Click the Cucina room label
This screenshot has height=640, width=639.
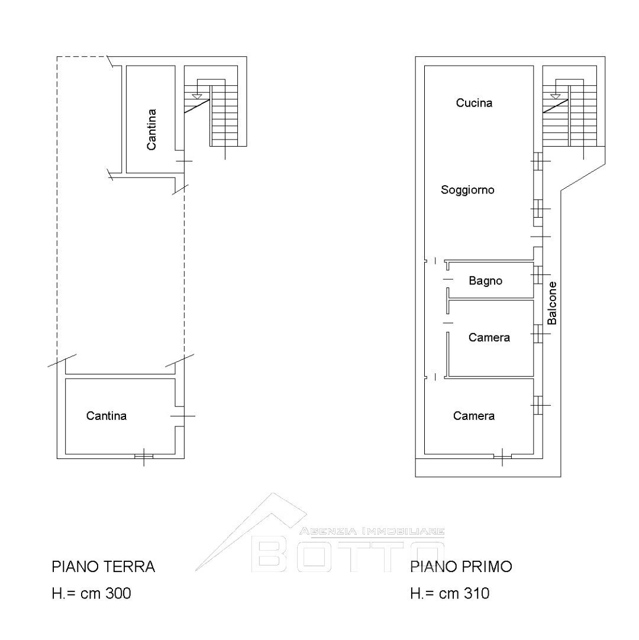[474, 103]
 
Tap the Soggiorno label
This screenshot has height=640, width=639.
[467, 190]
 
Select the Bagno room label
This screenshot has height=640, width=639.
[485, 281]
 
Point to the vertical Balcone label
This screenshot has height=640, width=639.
[552, 302]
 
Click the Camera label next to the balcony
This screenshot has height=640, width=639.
[489, 338]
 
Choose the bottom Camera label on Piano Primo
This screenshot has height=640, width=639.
[474, 416]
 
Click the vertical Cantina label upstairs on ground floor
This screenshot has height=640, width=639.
[152, 129]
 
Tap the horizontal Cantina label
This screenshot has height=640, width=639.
[106, 416]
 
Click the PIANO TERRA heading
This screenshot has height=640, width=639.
[104, 567]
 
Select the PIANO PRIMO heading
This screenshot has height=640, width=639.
[461, 567]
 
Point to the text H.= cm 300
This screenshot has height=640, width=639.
[91, 593]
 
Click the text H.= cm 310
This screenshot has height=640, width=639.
[450, 593]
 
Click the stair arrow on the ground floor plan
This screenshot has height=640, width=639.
[198, 95]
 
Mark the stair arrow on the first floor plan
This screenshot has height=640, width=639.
[556, 95]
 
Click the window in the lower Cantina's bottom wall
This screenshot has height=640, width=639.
[144, 456]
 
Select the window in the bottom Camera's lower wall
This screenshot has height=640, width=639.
[502, 456]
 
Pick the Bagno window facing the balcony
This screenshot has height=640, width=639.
[538, 275]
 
